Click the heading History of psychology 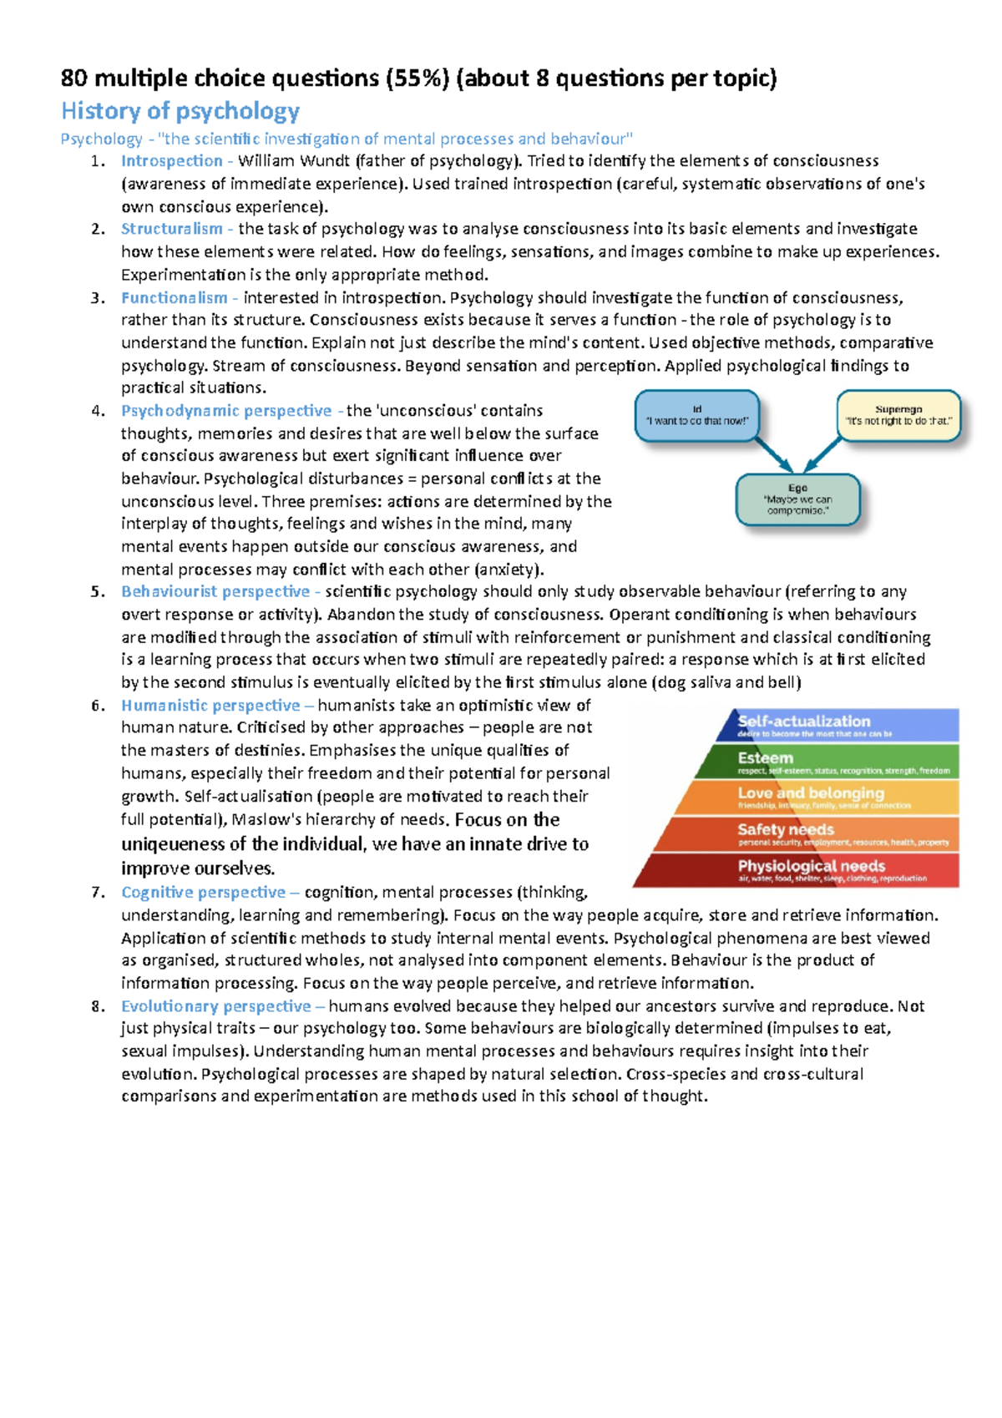coord(180,111)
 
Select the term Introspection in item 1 coord(171,160)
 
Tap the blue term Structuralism coord(171,229)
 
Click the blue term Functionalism coord(174,297)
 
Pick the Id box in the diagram coord(697,415)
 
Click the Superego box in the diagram coord(898,415)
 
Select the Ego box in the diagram coord(797,499)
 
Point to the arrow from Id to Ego coord(773,454)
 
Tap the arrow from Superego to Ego coord(823,454)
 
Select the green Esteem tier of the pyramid coord(835,762)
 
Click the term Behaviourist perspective coord(215,591)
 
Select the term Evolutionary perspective coord(215,1006)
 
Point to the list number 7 coord(98,893)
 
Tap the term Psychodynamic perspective coord(226,411)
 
